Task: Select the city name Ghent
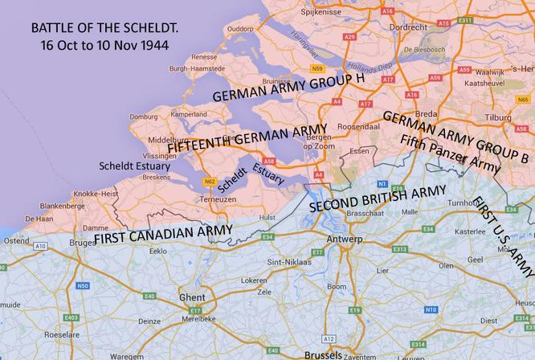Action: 192,297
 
